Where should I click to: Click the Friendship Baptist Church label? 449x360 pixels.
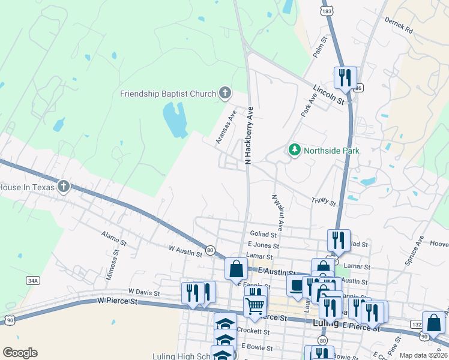(167, 93)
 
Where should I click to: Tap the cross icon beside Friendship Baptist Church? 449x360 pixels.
(224, 92)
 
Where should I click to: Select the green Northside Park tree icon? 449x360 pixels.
(294, 149)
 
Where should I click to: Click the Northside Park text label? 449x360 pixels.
(331, 151)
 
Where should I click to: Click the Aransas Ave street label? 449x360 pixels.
(226, 127)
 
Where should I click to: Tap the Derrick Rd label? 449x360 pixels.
(400, 25)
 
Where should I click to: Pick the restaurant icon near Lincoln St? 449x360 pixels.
(345, 78)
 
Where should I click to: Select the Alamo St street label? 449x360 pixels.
(114, 240)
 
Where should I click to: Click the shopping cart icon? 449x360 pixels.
(255, 306)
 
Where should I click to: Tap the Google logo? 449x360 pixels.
(20, 353)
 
